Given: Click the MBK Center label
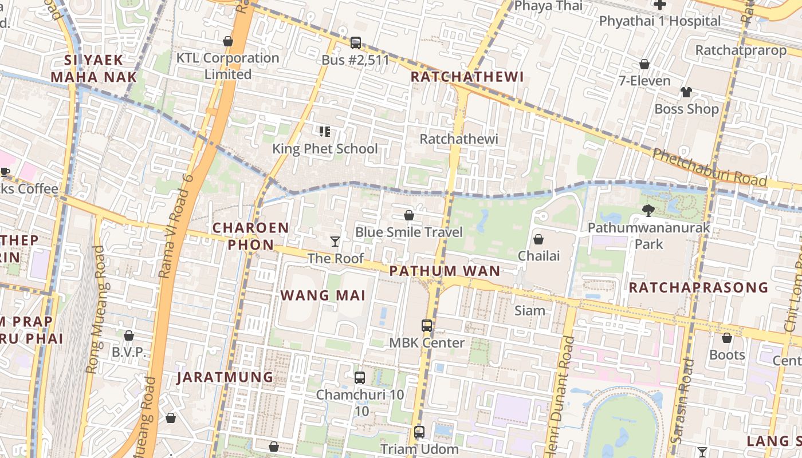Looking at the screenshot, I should pyautogui.click(x=427, y=343).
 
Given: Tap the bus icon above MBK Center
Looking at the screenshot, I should pyautogui.click(x=427, y=326).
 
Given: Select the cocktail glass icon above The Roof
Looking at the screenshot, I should pyautogui.click(x=335, y=242).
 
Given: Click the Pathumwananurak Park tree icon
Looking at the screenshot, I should pyautogui.click(x=648, y=211).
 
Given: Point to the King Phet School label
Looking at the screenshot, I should pyautogui.click(x=325, y=149).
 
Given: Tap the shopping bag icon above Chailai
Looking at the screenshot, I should pyautogui.click(x=538, y=239).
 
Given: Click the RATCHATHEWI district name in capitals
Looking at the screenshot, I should pyautogui.click(x=467, y=77).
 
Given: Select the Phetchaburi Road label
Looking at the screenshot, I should pyautogui.click(x=709, y=167).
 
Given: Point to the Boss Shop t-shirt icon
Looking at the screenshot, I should pyautogui.click(x=686, y=92).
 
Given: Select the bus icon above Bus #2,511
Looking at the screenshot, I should pyautogui.click(x=355, y=42).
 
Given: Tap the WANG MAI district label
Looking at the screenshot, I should pyautogui.click(x=323, y=295).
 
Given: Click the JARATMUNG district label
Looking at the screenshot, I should pyautogui.click(x=225, y=377).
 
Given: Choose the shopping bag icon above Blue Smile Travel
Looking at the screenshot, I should pyautogui.click(x=409, y=215).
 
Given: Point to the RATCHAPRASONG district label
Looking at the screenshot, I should pyautogui.click(x=698, y=287).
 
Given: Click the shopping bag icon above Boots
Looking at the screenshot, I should pyautogui.click(x=726, y=338).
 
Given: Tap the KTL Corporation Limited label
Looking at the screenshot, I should pyautogui.click(x=228, y=66).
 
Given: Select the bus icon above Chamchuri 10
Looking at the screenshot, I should pyautogui.click(x=360, y=378).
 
